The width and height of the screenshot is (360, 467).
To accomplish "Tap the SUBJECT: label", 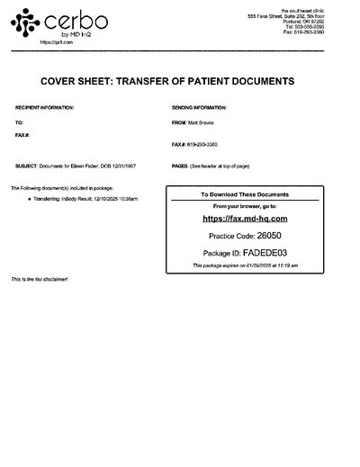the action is point(26,166).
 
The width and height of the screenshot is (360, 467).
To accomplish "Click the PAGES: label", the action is point(179,166).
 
